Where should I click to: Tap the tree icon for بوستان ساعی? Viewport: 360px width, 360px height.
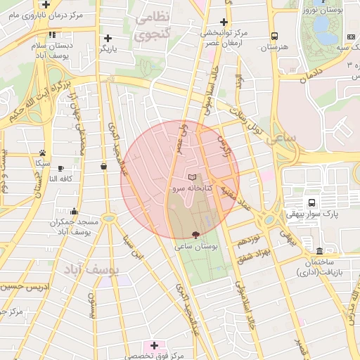pos(195,235)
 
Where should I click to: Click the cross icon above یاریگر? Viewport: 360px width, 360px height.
pos(108,38)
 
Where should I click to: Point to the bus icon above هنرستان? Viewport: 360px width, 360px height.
pos(274,37)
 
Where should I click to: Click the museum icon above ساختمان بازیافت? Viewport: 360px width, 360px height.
pos(319,251)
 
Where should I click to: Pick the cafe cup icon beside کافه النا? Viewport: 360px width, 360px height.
pos(61,168)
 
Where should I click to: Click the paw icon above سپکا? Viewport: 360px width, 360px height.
pos(43,152)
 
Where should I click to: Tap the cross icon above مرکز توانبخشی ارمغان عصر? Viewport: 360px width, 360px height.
pos(224,22)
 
